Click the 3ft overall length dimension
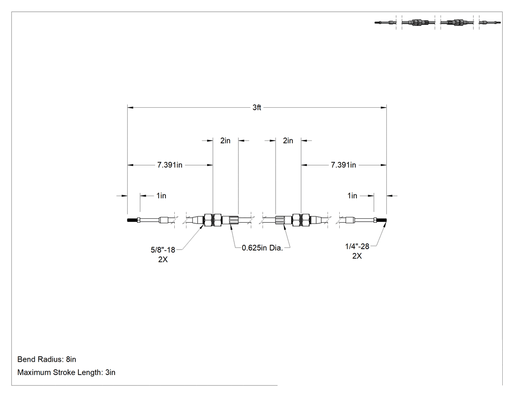(257, 108)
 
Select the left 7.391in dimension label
(169, 165)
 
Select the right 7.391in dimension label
(343, 165)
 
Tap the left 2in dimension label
(225, 140)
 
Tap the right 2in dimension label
(288, 140)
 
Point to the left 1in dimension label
(161, 196)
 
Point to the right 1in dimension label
(352, 196)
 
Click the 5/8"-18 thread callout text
(163, 250)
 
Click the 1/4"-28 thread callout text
(357, 246)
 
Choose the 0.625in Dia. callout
(262, 248)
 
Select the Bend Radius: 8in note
(47, 359)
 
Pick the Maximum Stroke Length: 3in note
(66, 373)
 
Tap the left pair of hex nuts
(213, 220)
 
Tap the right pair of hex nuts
(301, 220)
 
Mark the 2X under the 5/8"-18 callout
(163, 259)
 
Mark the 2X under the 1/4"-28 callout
(357, 256)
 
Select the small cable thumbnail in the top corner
(438, 23)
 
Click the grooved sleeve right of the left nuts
(230, 220)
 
